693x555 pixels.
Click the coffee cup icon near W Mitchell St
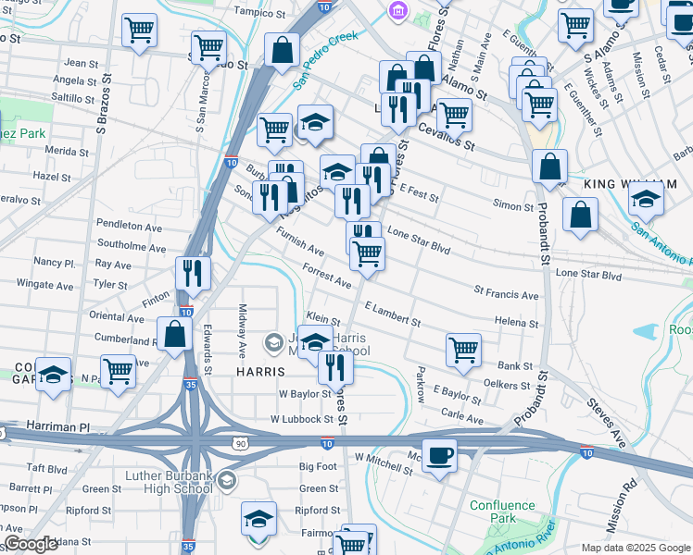coord(439,455)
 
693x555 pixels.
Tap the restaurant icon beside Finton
coord(193,271)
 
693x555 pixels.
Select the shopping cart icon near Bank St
coord(462,349)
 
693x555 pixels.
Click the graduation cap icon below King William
coord(646,198)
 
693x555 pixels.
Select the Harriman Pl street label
coord(58,428)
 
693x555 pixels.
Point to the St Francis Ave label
coord(506,296)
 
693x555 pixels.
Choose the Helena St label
coord(516,324)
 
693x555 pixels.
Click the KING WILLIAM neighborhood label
coord(625,185)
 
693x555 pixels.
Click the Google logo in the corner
coord(30,544)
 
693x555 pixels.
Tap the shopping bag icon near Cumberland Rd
coord(173,334)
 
